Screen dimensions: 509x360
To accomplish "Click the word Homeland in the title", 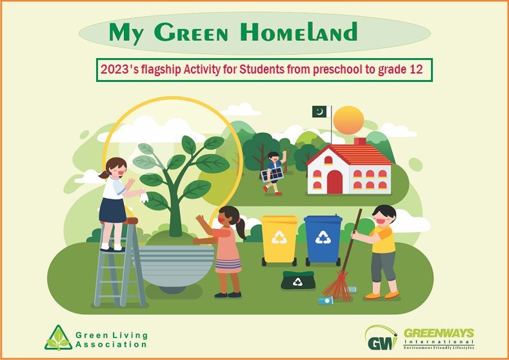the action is coord(299,32).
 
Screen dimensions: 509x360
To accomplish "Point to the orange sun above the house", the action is coord(348,120).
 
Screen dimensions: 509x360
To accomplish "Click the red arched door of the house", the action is coord(335,182).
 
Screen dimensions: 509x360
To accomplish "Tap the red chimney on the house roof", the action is coord(360,141).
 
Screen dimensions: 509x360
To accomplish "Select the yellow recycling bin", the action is coord(279,240).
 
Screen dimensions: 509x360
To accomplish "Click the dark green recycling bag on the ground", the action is coord(298,280).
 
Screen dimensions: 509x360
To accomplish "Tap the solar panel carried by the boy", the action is coord(272,175).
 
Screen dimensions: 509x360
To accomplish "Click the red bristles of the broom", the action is coord(338,287).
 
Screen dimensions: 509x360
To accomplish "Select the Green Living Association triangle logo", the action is coord(59,338).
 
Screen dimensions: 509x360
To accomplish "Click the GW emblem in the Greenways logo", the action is coord(381,338).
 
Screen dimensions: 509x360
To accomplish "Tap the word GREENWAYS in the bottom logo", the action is coord(439,333).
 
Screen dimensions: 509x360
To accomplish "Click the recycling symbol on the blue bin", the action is coord(323,237).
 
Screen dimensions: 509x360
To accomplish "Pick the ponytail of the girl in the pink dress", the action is coord(241,228).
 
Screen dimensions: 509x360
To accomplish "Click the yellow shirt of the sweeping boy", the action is coord(383,239).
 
